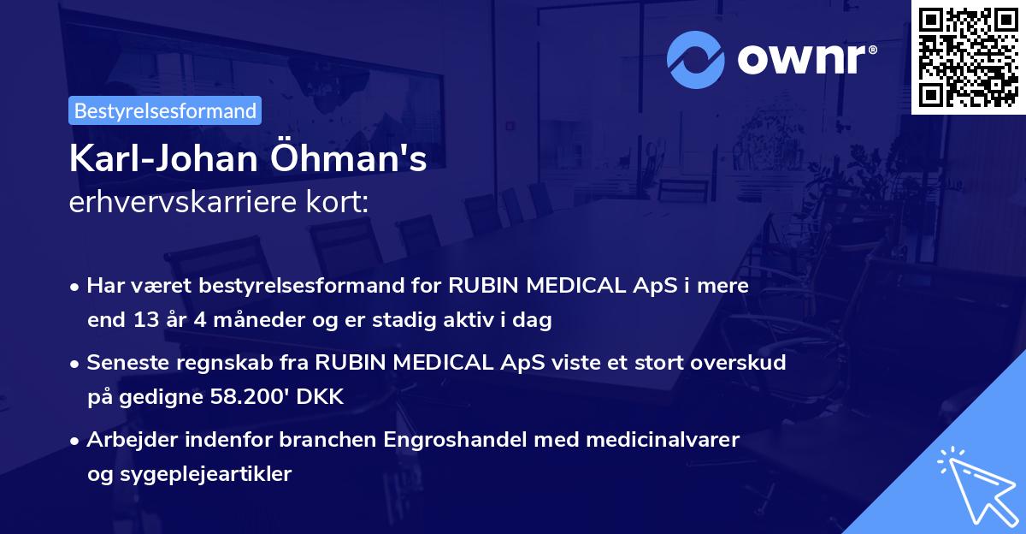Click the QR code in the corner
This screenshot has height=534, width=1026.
[x=969, y=56]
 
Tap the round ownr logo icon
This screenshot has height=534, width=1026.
[x=695, y=60]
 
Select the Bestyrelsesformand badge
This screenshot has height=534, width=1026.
[x=165, y=110]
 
